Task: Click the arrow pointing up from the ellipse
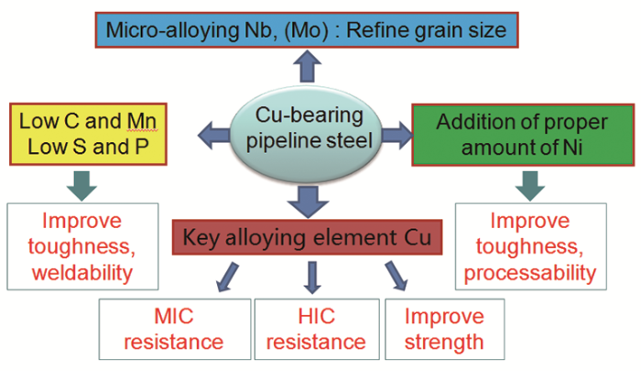[306, 70]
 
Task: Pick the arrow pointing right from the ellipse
[395, 135]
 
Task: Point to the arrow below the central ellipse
[306, 198]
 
